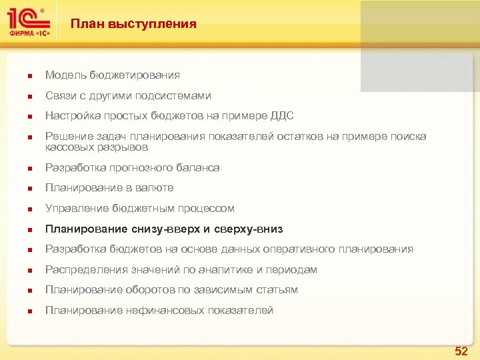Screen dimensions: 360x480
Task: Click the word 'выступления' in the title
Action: coord(159,24)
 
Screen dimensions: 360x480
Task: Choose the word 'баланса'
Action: coord(199,167)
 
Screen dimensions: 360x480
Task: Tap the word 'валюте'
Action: coord(155,188)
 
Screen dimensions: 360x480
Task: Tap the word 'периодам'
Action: coord(291,269)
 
